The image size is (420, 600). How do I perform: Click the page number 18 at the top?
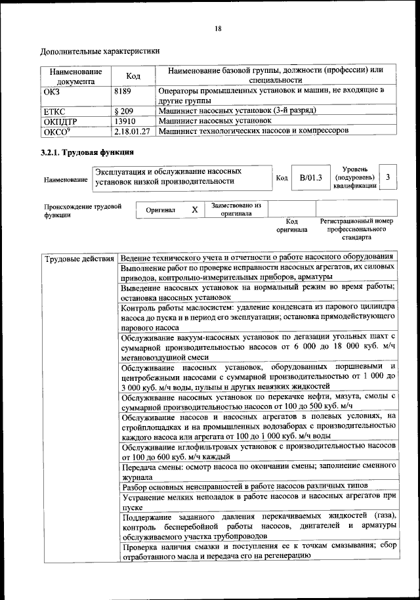(x=217, y=28)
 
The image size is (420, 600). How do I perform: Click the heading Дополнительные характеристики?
(x=100, y=51)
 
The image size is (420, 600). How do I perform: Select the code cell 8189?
(x=123, y=92)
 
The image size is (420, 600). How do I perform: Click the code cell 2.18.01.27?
(x=132, y=131)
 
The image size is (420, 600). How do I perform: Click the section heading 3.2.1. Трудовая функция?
(x=88, y=153)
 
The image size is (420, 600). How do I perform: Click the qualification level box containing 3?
(x=388, y=177)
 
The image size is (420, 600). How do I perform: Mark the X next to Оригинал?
(x=194, y=209)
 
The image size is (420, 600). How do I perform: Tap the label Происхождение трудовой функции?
(x=83, y=210)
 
